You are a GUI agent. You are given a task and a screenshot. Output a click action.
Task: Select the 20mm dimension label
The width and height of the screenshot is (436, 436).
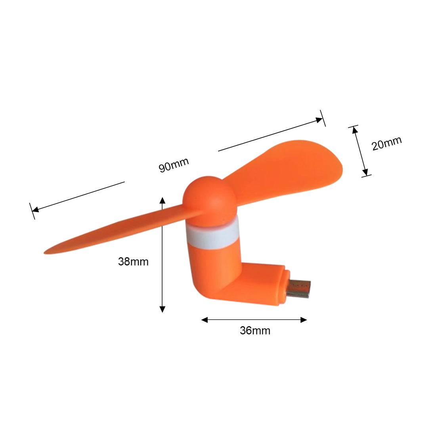coord(386,143)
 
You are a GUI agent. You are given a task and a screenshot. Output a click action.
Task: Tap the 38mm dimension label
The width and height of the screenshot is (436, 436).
coord(133,262)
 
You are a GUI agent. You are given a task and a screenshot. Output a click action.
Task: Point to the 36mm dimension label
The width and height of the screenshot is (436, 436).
coord(255,330)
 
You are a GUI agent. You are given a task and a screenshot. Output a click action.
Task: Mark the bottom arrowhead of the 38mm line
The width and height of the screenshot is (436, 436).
coord(162,309)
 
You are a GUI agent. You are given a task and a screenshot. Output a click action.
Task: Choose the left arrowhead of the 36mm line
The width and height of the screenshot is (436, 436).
coord(204,319)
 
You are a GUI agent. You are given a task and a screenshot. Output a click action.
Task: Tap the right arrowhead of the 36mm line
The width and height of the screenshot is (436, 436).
coord(304,319)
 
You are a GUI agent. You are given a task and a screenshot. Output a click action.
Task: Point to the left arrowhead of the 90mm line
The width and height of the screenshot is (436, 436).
coord(35,210)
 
